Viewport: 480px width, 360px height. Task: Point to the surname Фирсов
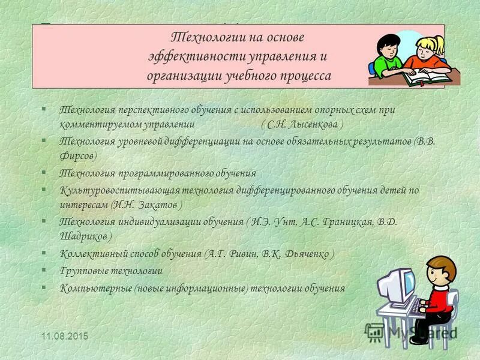(76, 155)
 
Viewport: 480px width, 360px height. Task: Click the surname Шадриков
(83, 236)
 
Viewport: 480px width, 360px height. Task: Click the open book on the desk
(427, 76)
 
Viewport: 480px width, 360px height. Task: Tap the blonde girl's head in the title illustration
(431, 47)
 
